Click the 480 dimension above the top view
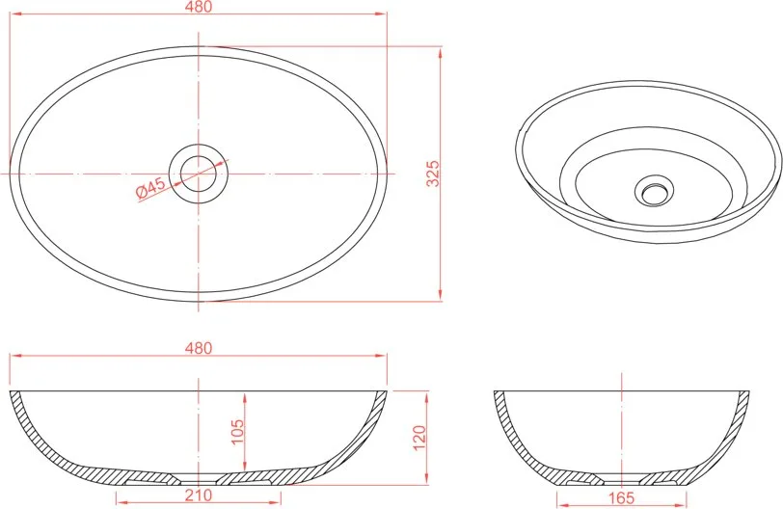(x=199, y=7)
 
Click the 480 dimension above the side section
(x=199, y=348)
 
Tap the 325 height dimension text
(x=434, y=174)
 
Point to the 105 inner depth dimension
(x=237, y=431)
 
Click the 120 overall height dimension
(x=419, y=437)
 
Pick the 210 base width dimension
(x=199, y=496)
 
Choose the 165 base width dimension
(x=622, y=497)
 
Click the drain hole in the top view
(x=199, y=174)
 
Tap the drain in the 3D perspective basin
(x=654, y=191)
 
